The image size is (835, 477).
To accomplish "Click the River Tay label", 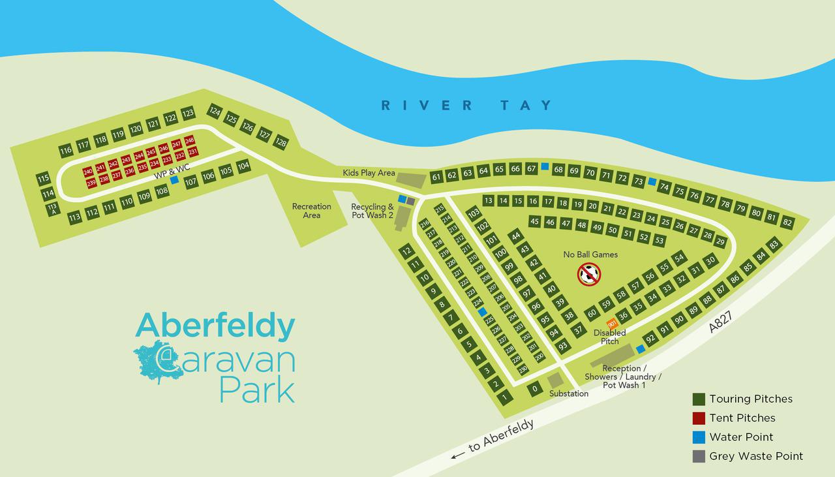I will [467, 105].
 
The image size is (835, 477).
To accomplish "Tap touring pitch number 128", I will [281, 142].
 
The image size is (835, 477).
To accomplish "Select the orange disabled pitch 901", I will [612, 324].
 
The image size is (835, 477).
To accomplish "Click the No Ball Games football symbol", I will [589, 274].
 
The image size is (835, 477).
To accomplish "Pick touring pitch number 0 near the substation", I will [534, 390].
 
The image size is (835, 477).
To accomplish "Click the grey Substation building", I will [555, 380].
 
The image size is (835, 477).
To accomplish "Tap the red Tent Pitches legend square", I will [699, 418].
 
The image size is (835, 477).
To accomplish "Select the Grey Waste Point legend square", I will [699, 457].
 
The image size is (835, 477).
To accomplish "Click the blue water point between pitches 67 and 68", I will [545, 166].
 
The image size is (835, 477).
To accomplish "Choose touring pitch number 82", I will [787, 222].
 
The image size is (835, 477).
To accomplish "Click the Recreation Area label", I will [311, 211].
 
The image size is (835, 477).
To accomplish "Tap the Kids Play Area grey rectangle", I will [412, 177].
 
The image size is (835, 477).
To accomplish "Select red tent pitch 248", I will [190, 140].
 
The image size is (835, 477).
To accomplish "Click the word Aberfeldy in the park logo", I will [215, 326].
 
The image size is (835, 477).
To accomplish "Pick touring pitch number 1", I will [504, 396].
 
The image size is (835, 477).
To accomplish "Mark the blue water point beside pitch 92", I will [641, 349].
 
